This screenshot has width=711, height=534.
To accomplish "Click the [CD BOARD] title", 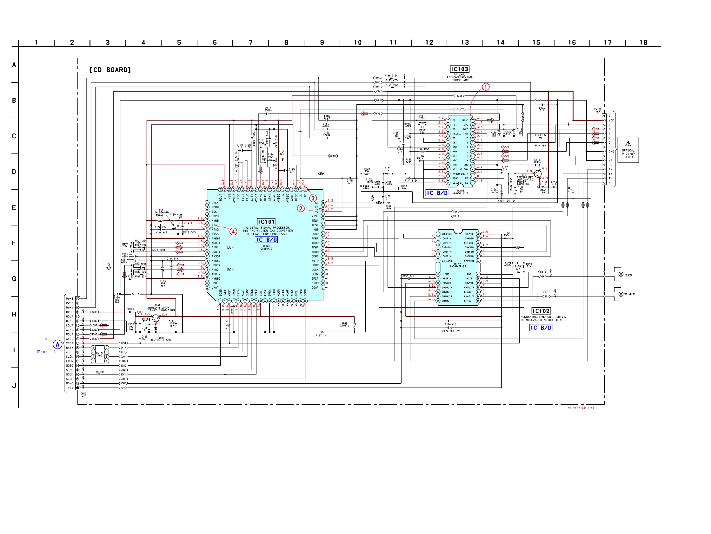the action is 110,70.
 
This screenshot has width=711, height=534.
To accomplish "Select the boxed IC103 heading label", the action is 459,69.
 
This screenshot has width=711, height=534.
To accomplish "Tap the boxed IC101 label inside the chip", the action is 266,222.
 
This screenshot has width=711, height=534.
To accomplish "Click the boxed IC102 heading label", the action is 541,311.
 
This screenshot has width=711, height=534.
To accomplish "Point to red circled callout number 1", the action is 486,87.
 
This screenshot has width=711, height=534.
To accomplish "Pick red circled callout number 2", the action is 301,208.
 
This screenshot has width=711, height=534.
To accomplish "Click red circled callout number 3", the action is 313,199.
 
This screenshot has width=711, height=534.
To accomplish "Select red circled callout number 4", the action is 233,231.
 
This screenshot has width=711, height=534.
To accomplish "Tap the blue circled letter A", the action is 57,345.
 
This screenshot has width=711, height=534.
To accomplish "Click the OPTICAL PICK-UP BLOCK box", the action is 628,150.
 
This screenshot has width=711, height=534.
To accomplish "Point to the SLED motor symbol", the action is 621,274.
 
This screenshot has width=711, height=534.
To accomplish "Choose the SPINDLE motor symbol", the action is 621,294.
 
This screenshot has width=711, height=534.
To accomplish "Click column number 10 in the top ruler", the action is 357,42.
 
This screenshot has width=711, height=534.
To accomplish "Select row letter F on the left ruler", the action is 14,243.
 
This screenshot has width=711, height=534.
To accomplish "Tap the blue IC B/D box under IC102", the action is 541,328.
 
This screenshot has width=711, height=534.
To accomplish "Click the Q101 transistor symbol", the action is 538,174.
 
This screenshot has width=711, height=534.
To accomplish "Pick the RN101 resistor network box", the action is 100,354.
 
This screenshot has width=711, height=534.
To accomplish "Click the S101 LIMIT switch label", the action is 344,324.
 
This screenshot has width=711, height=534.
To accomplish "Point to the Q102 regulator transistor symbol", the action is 156,318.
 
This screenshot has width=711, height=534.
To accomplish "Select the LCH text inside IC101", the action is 230,248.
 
